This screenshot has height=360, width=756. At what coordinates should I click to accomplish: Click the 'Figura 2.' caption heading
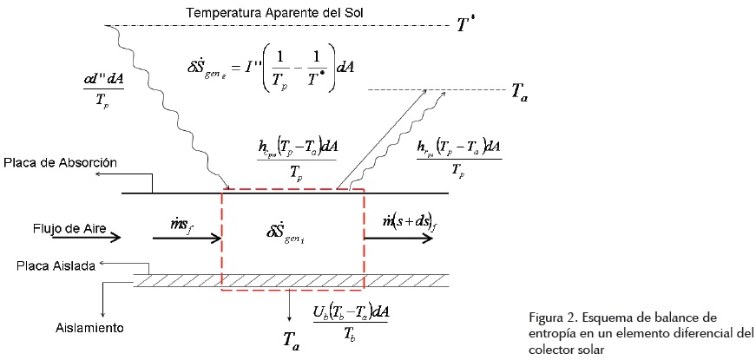[x=552, y=316]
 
